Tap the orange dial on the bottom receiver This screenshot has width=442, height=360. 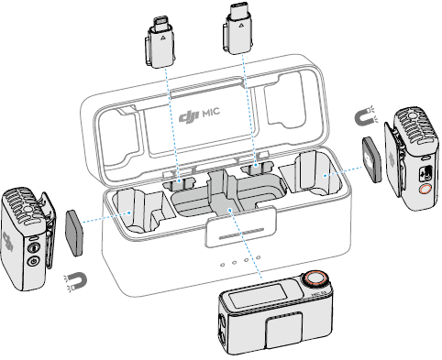315,277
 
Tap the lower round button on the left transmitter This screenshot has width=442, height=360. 34,262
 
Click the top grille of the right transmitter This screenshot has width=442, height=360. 412,124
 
